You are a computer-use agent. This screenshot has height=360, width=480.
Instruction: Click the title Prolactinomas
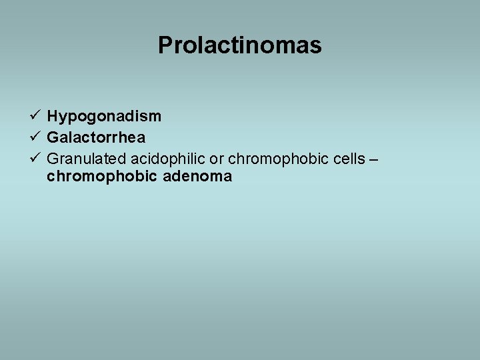point(240,45)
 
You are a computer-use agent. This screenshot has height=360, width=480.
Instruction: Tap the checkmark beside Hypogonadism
point(36,115)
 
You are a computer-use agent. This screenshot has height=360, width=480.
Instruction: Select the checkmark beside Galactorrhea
point(36,137)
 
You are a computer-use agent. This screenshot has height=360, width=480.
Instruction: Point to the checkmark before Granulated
point(36,158)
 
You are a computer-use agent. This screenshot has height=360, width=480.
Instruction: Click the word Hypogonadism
point(104,117)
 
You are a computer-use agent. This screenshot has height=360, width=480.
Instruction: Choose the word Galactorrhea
point(96,137)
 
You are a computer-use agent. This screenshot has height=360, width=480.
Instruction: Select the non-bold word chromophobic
point(273,159)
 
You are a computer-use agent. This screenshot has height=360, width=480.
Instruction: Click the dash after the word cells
point(373,159)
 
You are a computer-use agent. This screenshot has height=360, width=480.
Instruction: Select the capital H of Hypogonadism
point(53,117)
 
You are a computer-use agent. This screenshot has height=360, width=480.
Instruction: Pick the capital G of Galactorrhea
point(53,137)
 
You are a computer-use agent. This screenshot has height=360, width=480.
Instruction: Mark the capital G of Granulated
point(53,159)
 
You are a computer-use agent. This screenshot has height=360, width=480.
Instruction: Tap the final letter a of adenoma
point(228,177)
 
